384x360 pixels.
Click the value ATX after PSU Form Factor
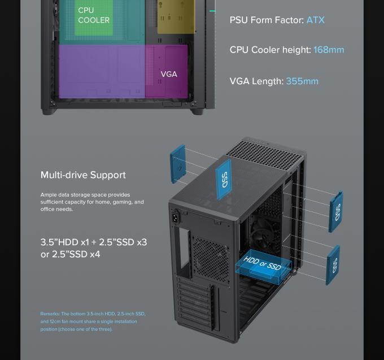pos(315,20)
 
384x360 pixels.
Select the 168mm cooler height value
pos(328,50)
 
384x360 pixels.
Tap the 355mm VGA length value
pos(302,81)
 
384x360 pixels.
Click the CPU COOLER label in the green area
pos(94,15)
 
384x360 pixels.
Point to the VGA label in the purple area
pos(168,74)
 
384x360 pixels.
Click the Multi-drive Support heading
pos(83,175)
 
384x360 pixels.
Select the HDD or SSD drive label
pos(262,263)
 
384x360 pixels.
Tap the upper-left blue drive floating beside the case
pos(178,163)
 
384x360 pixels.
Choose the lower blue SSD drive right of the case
pos(333,264)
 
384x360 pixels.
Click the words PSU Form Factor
pos(265,20)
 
